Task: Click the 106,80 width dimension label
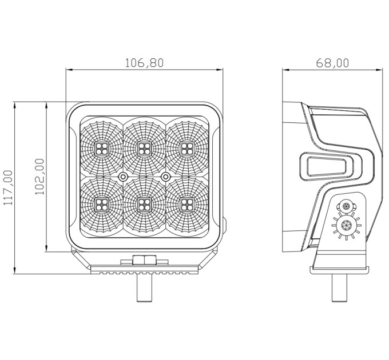coord(144,63)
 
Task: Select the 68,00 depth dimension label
coord(332,63)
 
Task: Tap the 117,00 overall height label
coord(9,187)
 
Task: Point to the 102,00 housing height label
coord(39,177)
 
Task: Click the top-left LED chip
coord(102,149)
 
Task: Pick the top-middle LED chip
coord(144,149)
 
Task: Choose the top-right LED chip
coord(187,149)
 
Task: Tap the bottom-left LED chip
coord(102,205)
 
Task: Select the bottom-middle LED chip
coord(144,205)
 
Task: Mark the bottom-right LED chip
coord(187,205)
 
